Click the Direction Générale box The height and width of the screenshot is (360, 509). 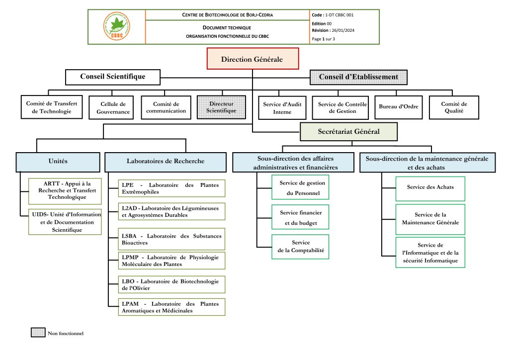click(253, 59)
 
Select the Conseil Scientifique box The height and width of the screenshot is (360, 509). click(113, 77)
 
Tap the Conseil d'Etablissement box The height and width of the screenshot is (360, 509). click(358, 77)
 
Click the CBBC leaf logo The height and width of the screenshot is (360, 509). click(117, 26)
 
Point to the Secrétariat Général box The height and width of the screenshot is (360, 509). click(348, 131)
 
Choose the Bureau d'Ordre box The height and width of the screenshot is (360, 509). click(398, 107)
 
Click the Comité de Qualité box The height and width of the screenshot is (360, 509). click(454, 107)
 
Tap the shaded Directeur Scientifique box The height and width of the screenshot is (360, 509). click(221, 107)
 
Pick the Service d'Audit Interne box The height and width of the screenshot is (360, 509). click(282, 108)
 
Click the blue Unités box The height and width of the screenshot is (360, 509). click(58, 162)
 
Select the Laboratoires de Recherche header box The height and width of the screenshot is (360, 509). click(165, 162)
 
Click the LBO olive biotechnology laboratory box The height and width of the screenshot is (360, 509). click(171, 284)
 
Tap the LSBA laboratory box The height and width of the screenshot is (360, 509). click(171, 239)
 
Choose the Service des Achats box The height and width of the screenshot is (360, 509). click(430, 188)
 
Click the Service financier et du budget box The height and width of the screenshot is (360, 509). click(300, 217)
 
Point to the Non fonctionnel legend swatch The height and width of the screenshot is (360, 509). click(38, 333)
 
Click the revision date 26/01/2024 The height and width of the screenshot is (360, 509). click(343, 30)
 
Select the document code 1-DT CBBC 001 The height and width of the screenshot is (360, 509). click(339, 15)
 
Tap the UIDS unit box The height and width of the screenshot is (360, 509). click(65, 222)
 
